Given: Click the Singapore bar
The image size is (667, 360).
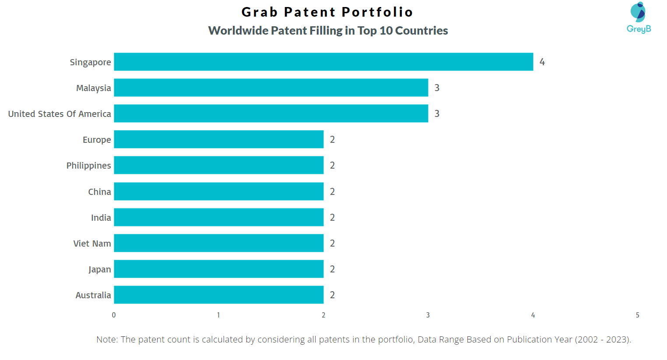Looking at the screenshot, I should (x=323, y=62).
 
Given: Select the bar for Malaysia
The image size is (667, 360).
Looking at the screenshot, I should (x=271, y=88).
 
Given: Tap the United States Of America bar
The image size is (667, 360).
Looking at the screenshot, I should (x=271, y=113).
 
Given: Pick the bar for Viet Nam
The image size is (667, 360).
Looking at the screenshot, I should (x=218, y=243).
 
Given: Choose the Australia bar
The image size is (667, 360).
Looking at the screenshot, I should (x=218, y=295).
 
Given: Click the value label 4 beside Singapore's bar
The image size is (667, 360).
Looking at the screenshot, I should (x=542, y=62).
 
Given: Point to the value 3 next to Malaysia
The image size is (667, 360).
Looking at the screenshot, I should (x=437, y=88).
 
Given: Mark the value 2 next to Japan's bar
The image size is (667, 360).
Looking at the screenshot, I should (x=332, y=269).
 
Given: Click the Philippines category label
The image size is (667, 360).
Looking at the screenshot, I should (x=88, y=166).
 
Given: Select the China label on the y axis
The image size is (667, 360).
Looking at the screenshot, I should (x=99, y=192).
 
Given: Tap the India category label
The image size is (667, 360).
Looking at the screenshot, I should (x=101, y=218).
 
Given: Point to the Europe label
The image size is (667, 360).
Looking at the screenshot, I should (x=97, y=140).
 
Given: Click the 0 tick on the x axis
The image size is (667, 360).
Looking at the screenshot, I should (x=114, y=315).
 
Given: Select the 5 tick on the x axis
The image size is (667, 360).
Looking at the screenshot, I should (x=637, y=315).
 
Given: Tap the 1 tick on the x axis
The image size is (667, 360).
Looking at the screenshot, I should (x=218, y=315).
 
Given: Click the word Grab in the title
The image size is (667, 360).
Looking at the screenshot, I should (x=260, y=12).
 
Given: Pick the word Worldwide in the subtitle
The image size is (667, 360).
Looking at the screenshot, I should (x=238, y=31).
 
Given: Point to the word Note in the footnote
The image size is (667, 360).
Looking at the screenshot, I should (x=106, y=339).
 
